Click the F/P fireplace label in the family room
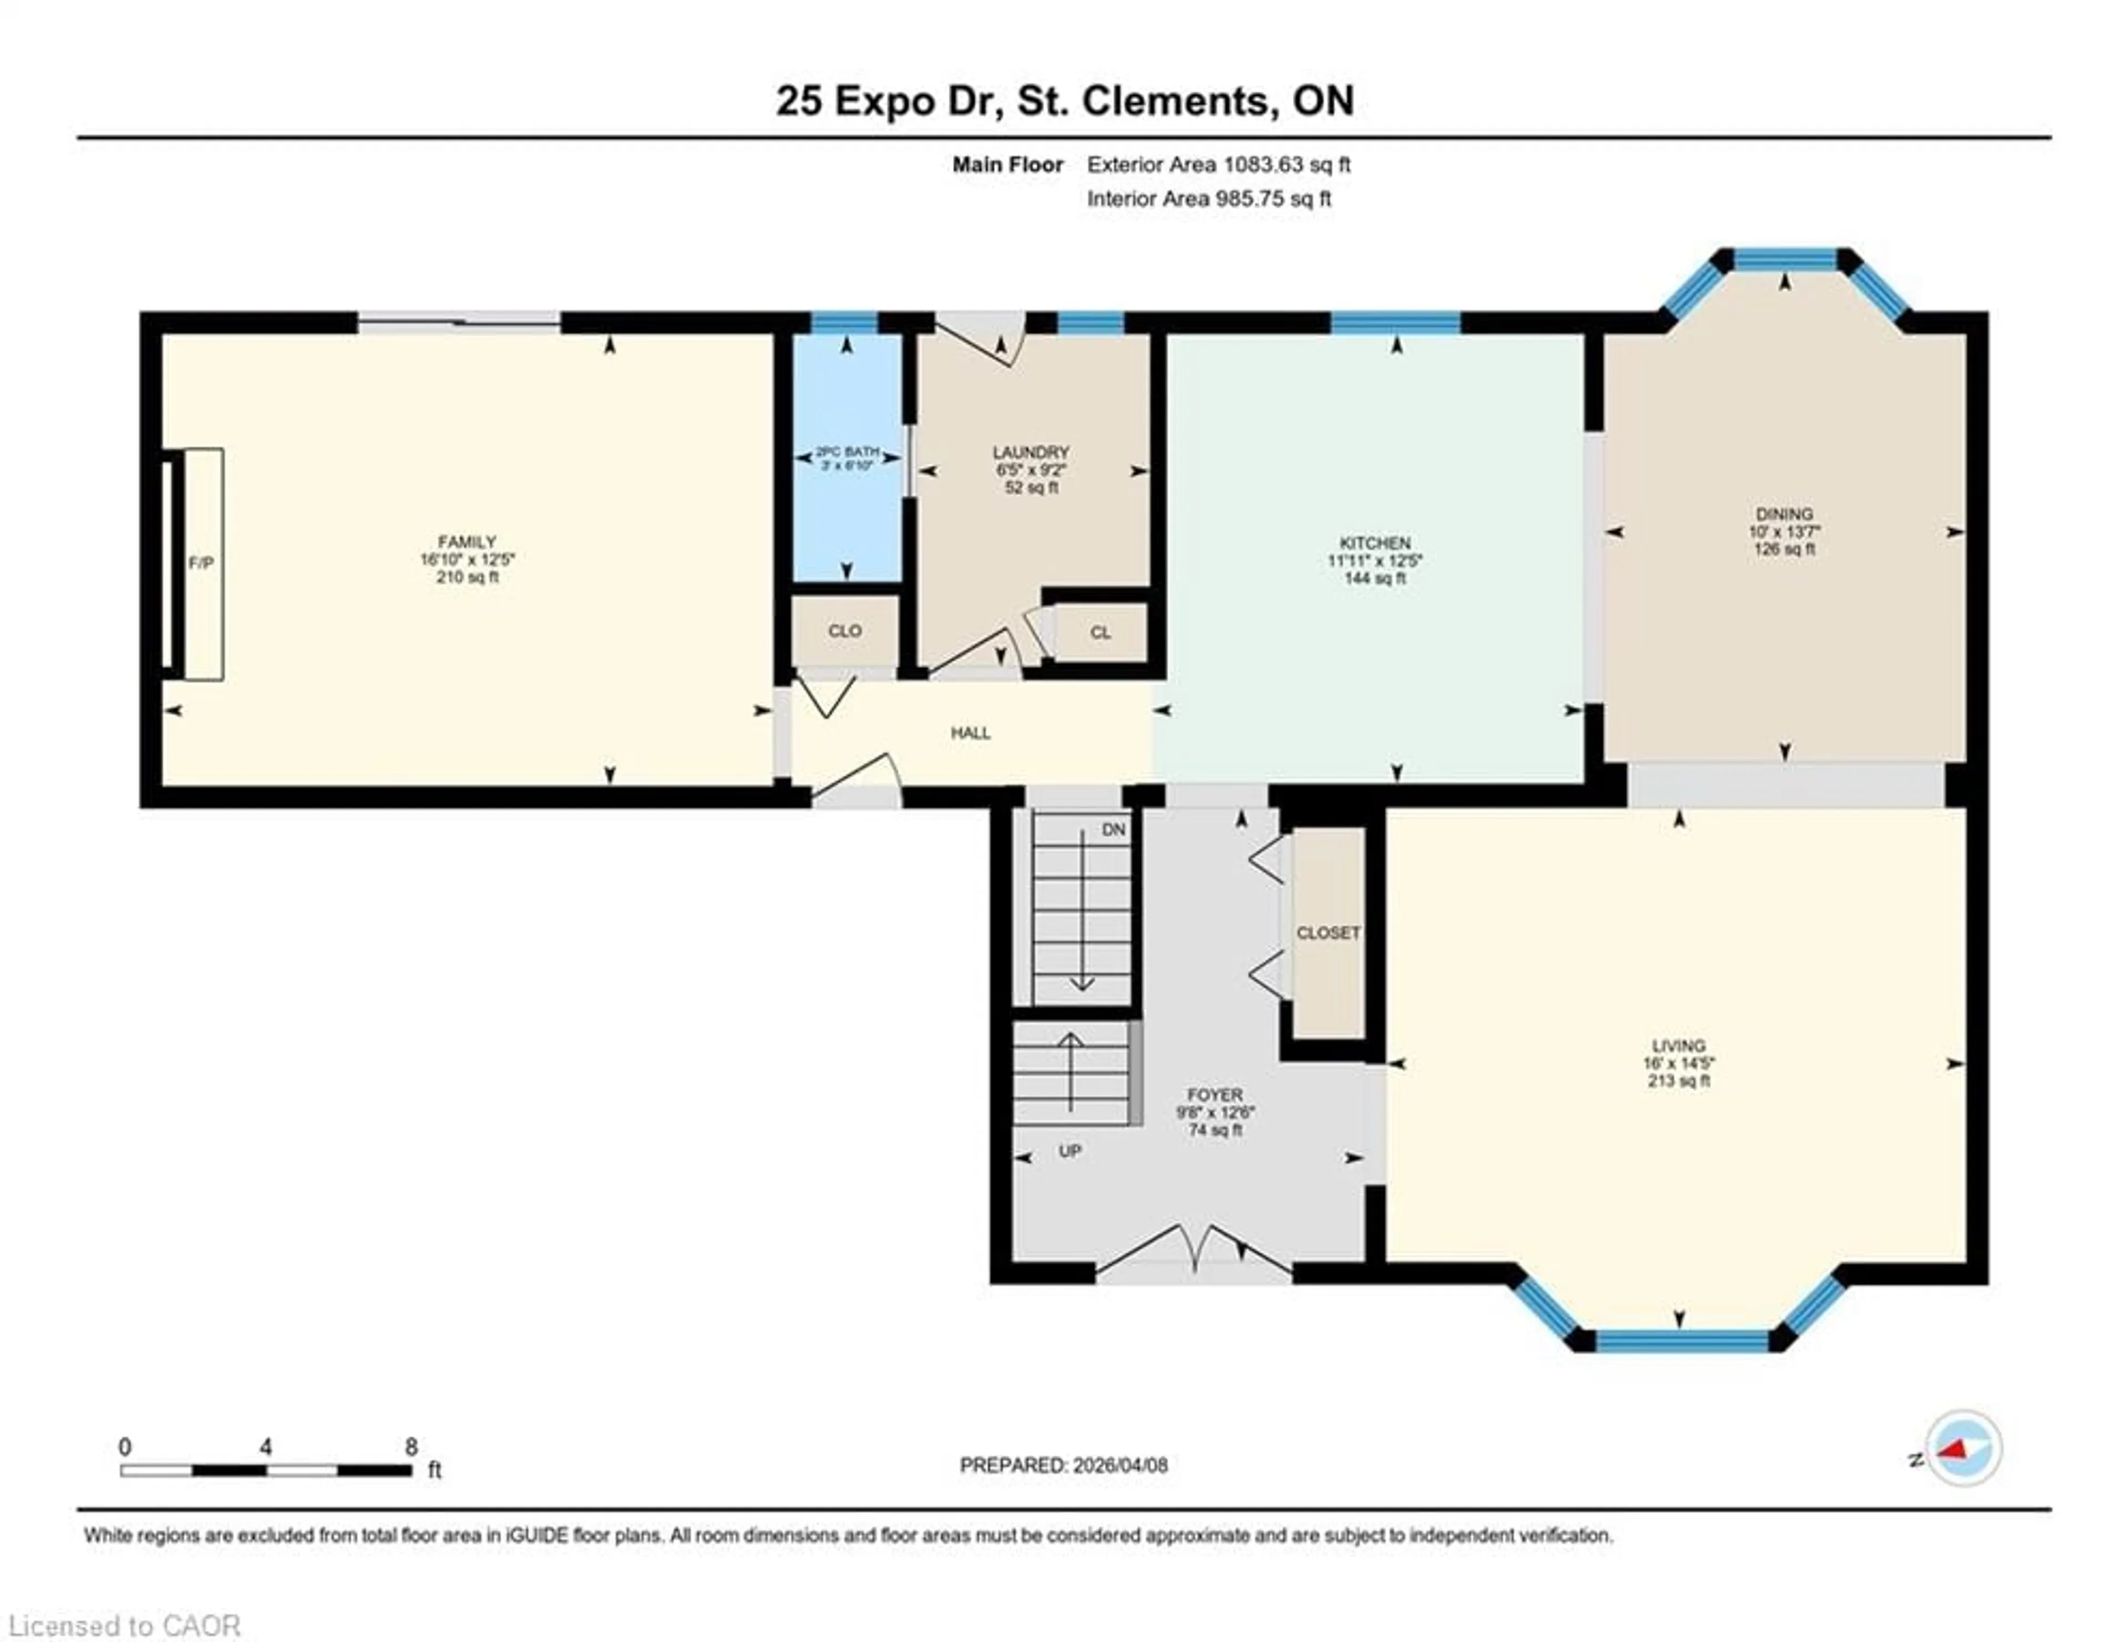pyautogui.click(x=201, y=563)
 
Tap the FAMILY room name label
pyautogui.click(x=466, y=541)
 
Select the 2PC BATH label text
pyautogui.click(x=846, y=453)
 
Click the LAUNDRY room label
pyautogui.click(x=1030, y=453)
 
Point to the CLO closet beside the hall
pyautogui.click(x=844, y=631)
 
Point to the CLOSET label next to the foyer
pyautogui.click(x=1327, y=933)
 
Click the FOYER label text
pyautogui.click(x=1215, y=1095)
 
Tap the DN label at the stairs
pyautogui.click(x=1113, y=830)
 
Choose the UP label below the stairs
pyautogui.click(x=1070, y=1151)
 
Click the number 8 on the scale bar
pyautogui.click(x=411, y=1447)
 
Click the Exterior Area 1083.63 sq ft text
pyautogui.click(x=1219, y=165)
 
